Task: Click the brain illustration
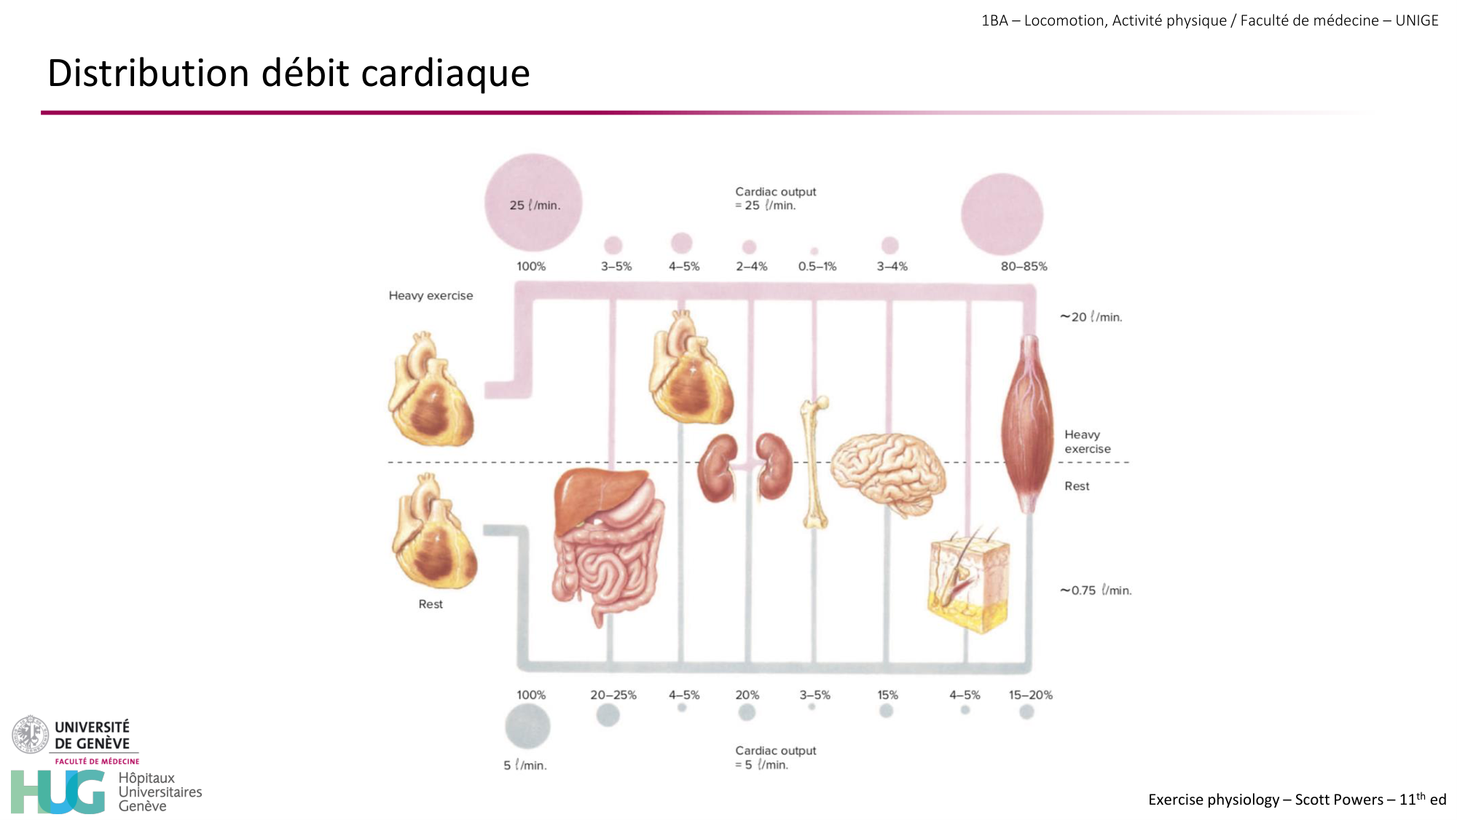[x=887, y=474]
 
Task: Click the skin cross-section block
[x=970, y=583]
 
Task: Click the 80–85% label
[x=1024, y=267]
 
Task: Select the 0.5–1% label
[x=817, y=267]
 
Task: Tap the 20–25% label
[x=613, y=695]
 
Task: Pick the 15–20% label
[x=1030, y=695]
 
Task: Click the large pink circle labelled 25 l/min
[x=533, y=203]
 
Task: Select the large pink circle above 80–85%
[x=1002, y=214]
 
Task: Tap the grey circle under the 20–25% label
[x=608, y=715]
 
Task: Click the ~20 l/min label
[x=1091, y=317]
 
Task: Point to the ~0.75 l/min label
[x=1095, y=590]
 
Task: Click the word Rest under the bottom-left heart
[x=431, y=604]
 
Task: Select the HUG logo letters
[x=58, y=792]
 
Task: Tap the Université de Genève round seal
[x=30, y=735]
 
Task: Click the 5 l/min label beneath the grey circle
[x=525, y=765]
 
